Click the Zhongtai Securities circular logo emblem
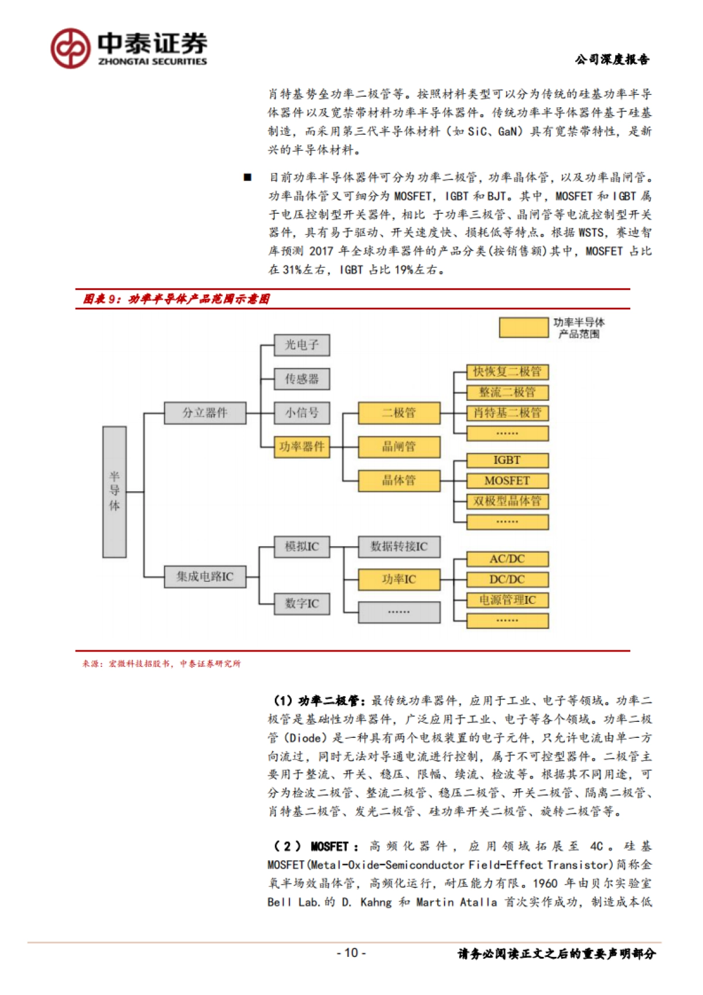70,48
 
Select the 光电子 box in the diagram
302,345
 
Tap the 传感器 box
302,379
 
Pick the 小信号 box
302,413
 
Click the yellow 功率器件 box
302,447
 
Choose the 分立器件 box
204,413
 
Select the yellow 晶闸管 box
398,447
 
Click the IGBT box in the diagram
507,461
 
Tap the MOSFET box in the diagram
507,481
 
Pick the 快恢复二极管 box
507,372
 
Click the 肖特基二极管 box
507,413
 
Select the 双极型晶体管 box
507,502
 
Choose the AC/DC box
507,559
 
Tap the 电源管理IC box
507,600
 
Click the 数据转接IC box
398,547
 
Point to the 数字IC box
302,604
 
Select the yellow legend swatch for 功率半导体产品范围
524,328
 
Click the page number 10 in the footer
351,953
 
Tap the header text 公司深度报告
612,60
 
